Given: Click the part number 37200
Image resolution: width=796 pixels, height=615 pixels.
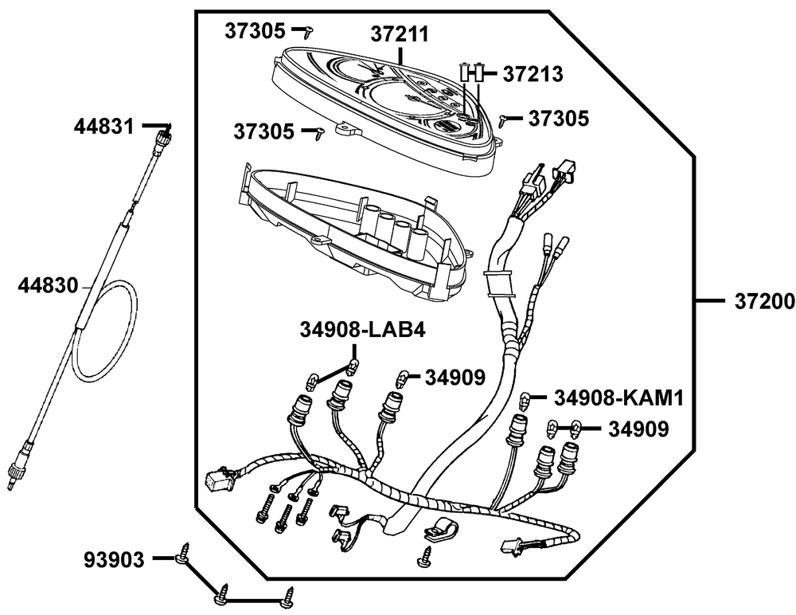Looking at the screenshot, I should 759,301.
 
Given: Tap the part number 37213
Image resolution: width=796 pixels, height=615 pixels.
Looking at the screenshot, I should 533,74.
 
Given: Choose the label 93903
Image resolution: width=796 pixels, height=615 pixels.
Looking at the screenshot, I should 115,560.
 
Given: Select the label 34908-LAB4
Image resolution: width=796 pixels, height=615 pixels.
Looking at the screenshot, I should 362,329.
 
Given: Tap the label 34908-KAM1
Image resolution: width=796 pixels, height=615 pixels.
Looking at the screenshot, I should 619,396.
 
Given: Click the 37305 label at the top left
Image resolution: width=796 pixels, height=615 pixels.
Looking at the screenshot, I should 254,31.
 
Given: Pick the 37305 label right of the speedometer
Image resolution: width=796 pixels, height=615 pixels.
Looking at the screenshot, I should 560,119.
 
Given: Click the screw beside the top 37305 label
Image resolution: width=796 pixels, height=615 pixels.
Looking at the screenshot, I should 310,31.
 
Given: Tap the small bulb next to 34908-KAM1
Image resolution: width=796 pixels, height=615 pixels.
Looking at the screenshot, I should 525,398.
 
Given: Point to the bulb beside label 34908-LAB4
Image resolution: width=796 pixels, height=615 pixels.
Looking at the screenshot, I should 353,367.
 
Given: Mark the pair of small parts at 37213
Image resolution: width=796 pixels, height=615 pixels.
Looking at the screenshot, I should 472,72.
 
